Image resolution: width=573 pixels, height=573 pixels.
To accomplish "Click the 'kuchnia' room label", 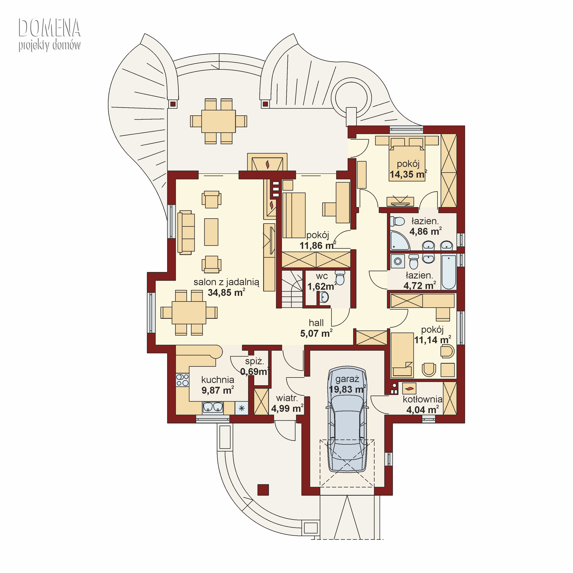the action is [218, 380].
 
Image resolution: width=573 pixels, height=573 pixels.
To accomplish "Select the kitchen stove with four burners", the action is [182, 380].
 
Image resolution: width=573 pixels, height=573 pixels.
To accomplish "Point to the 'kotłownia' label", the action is [422, 399].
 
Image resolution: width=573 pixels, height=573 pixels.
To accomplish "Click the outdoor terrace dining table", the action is [219, 121].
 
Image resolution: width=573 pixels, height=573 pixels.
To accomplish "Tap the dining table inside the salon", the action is [189, 313].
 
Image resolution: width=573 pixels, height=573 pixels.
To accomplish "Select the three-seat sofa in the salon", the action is [186, 232].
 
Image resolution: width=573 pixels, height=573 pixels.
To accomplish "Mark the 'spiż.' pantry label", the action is [254, 361].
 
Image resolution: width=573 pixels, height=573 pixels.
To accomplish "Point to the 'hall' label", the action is [316, 323].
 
